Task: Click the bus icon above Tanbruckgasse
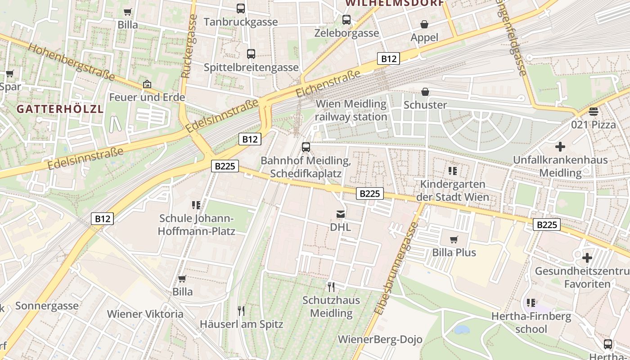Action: tap(241, 8)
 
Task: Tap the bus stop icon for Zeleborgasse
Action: tap(346, 20)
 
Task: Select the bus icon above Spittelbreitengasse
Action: tap(251, 54)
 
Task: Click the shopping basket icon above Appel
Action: tap(424, 24)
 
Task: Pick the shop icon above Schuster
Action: tap(425, 92)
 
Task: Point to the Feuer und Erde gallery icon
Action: tap(147, 84)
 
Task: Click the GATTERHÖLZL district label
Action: tap(60, 109)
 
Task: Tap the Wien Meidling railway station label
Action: tap(351, 110)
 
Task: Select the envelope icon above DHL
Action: tap(341, 214)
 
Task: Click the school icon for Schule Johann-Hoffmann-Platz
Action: tap(196, 205)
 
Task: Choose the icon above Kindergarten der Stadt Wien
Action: tap(453, 171)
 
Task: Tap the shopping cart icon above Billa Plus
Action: tap(454, 239)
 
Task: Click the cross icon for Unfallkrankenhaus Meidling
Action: tap(560, 147)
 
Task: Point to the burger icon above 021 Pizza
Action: tap(593, 112)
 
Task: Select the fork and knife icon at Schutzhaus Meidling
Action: tap(331, 287)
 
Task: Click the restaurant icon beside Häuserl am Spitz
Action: tap(241, 310)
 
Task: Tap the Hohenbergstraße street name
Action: tap(71, 62)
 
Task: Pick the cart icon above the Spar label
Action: tap(10, 73)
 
